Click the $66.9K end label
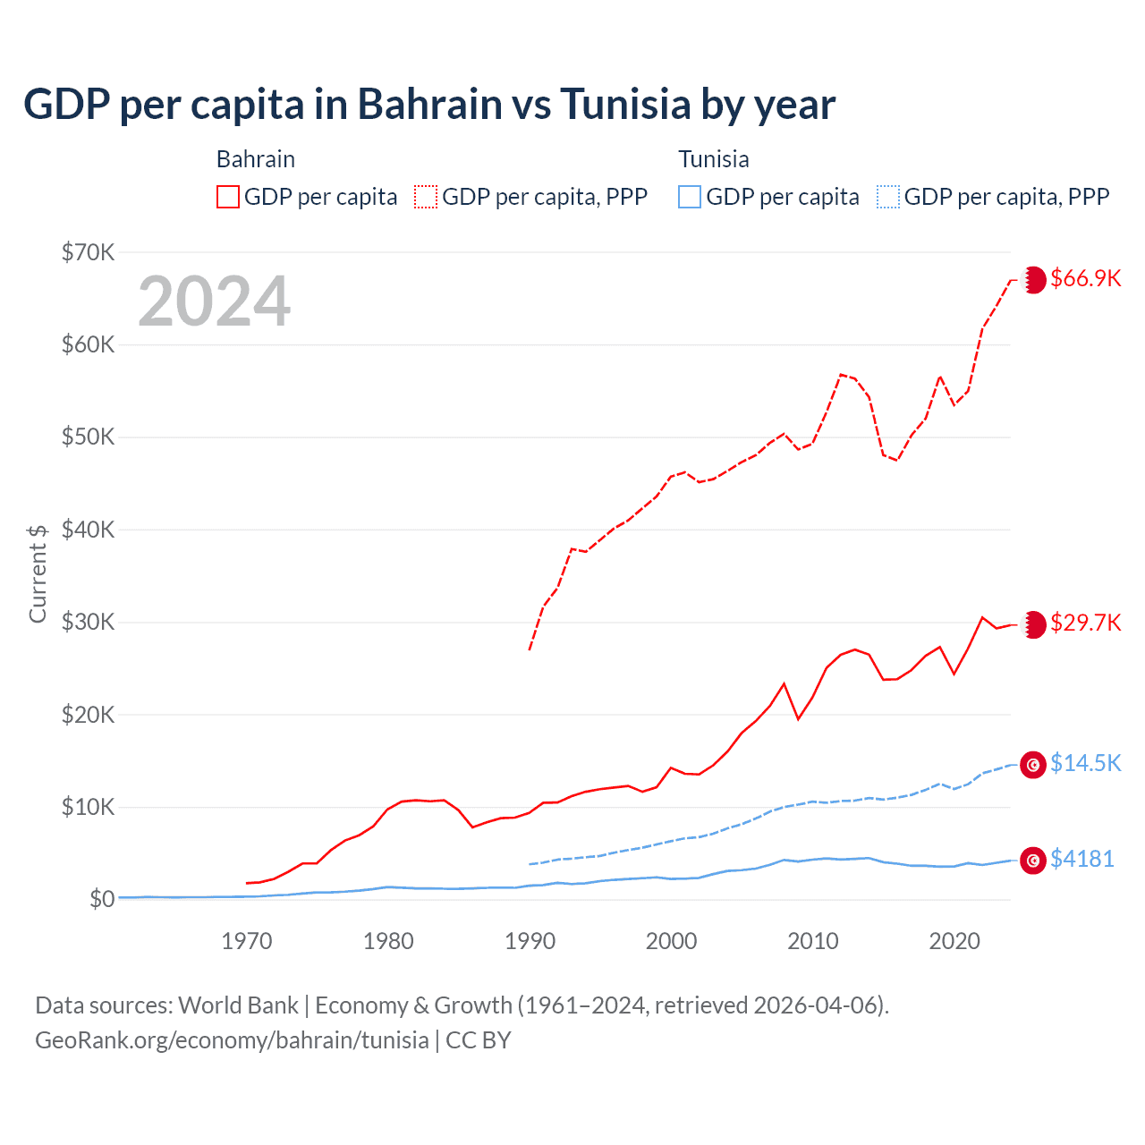[x=1085, y=278]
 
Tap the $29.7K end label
[x=1085, y=623]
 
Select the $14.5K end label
[x=1085, y=763]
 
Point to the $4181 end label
[x=1081, y=859]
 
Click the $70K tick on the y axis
[x=88, y=252]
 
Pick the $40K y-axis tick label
[x=88, y=530]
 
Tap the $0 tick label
[x=101, y=899]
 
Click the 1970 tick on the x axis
[x=247, y=941]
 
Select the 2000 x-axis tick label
[x=671, y=941]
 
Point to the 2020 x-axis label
[x=954, y=941]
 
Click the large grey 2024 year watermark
[x=214, y=301]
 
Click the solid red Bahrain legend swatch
[x=228, y=197]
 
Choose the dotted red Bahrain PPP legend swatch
[x=426, y=197]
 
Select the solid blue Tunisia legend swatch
[x=690, y=197]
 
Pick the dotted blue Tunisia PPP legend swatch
[x=888, y=197]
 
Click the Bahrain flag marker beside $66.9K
[x=1034, y=279]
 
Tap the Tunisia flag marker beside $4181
[x=1033, y=860]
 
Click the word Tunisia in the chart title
[x=626, y=104]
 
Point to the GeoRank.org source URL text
[x=232, y=1040]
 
